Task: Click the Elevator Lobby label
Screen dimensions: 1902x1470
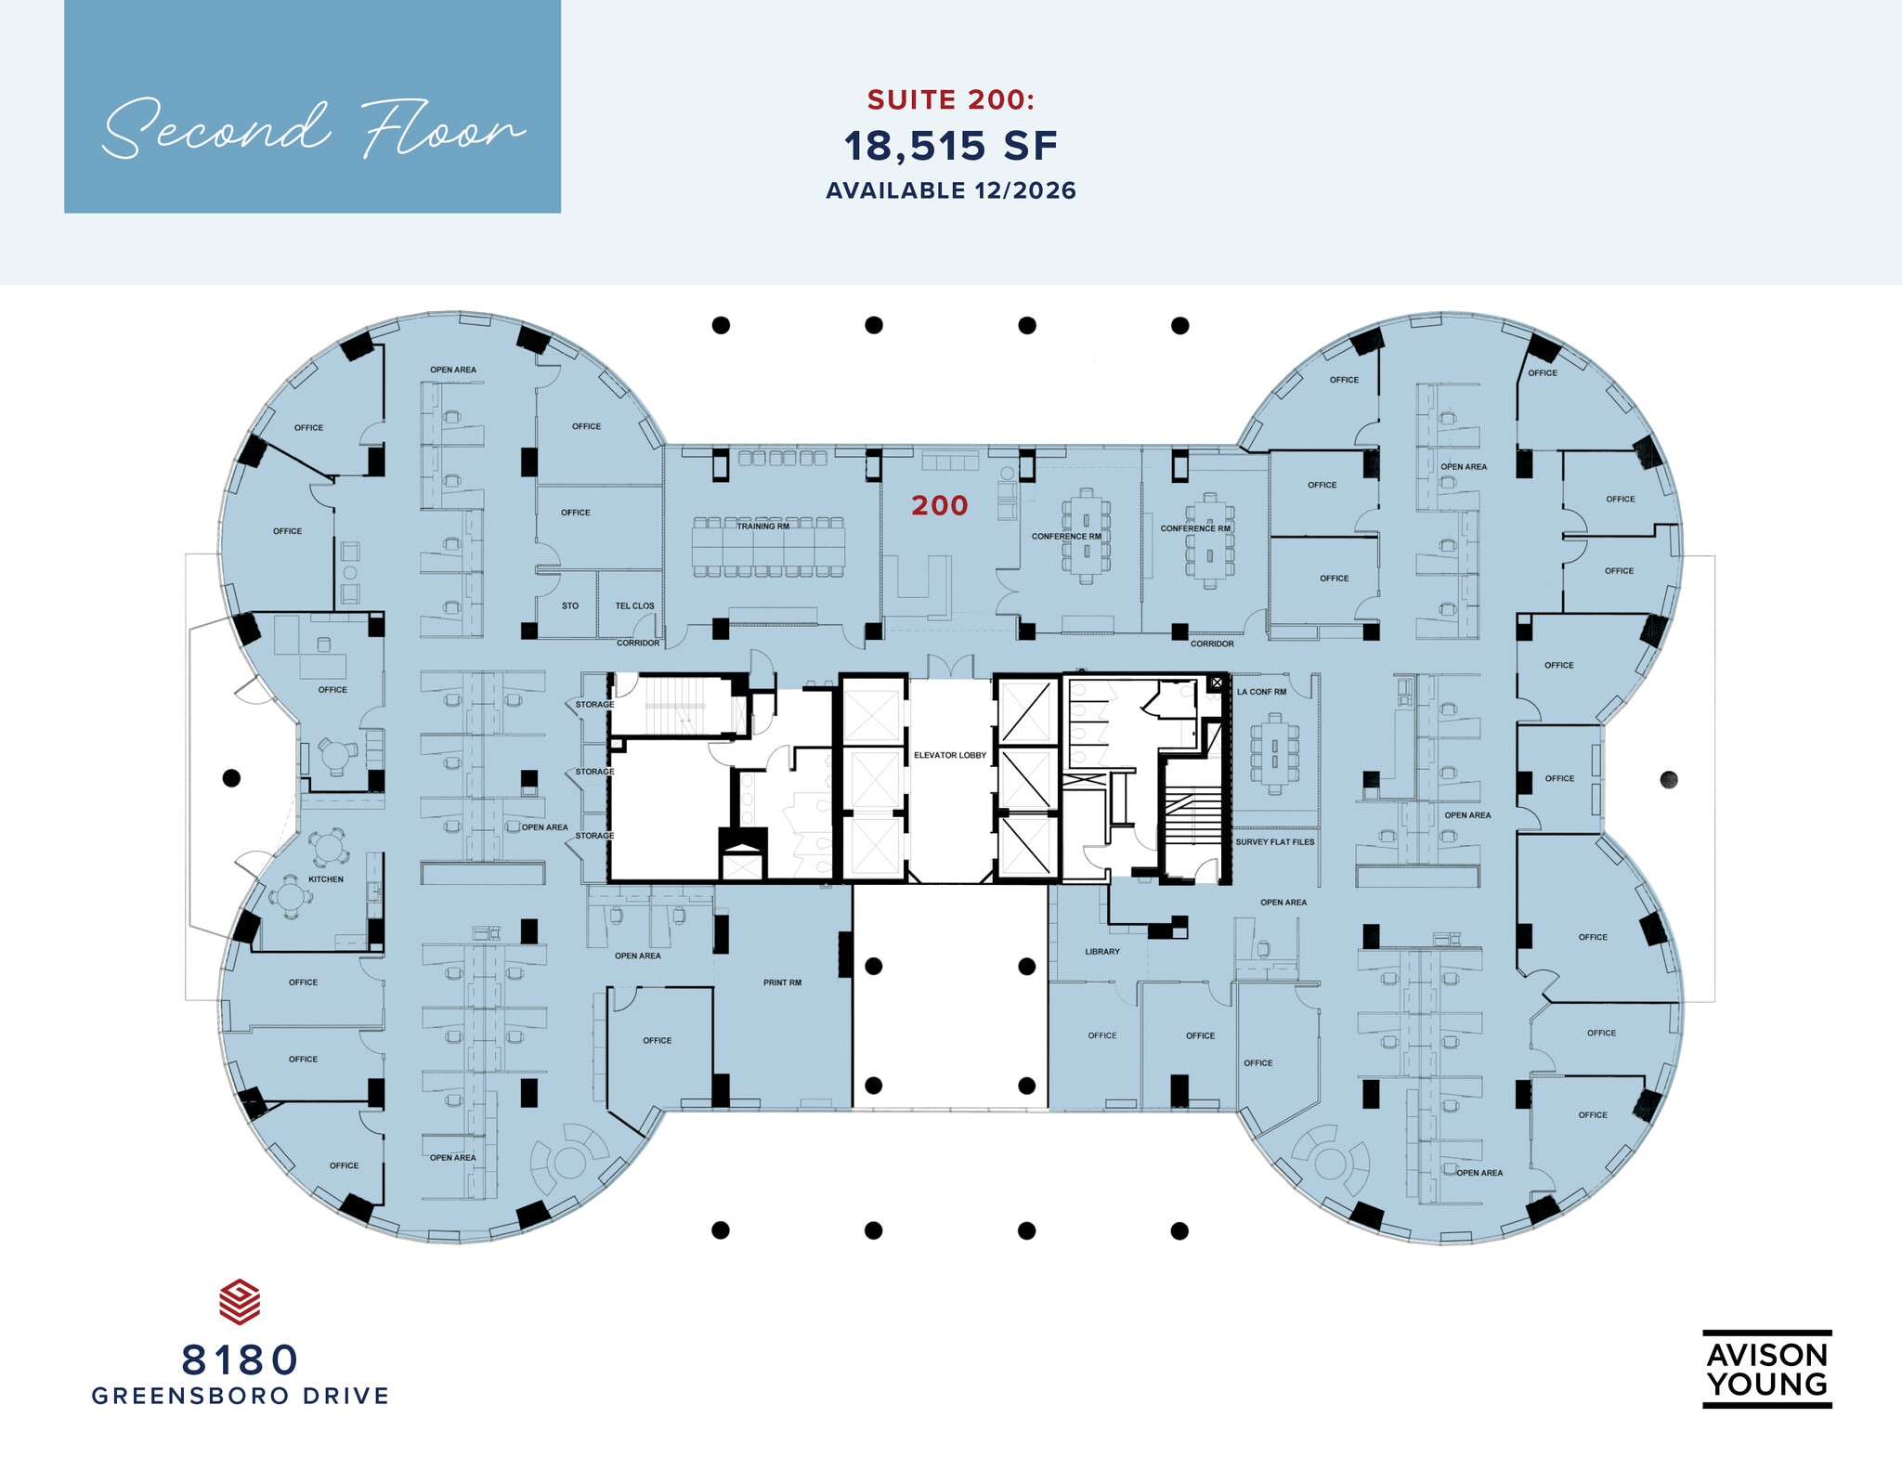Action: click(950, 755)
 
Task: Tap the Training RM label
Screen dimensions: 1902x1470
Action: click(763, 527)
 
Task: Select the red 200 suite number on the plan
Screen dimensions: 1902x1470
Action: click(940, 505)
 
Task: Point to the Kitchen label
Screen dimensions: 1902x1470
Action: click(326, 879)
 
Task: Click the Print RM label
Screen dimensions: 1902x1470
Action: click(782, 982)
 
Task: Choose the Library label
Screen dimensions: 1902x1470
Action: click(1102, 952)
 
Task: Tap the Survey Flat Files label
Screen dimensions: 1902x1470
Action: click(1275, 842)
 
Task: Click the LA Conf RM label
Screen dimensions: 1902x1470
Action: click(1262, 692)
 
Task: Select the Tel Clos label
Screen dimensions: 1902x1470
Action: click(634, 606)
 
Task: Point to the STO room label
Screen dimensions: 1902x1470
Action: click(570, 606)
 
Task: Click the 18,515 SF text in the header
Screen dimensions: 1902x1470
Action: click(951, 146)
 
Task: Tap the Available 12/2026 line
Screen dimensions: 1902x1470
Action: click(951, 190)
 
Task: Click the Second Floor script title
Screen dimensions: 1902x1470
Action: click(314, 130)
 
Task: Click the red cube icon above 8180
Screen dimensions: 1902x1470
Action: click(240, 1302)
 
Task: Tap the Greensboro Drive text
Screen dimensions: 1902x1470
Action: click(241, 1396)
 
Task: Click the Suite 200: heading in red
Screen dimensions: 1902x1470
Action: click(951, 99)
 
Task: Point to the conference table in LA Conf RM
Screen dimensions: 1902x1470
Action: click(1275, 754)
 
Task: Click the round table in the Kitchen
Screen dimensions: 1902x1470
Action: click(291, 897)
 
